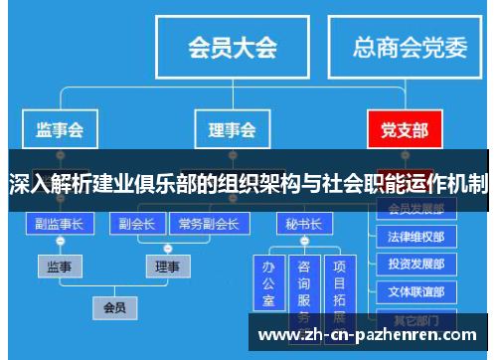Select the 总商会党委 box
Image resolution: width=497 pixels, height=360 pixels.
[411, 47]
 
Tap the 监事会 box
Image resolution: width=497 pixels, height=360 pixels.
[60, 129]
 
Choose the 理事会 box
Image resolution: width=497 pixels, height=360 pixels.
[232, 129]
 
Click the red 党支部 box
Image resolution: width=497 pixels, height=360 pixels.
[404, 129]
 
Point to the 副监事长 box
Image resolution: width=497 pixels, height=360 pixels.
[60, 224]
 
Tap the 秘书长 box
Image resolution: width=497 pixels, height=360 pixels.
[302, 224]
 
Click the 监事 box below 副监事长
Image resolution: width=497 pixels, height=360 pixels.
[60, 267]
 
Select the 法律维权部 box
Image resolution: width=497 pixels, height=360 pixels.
[415, 238]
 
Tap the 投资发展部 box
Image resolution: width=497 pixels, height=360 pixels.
[415, 266]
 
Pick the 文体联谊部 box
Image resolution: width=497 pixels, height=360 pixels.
[415, 292]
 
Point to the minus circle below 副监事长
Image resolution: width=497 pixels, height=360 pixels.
[60, 243]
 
